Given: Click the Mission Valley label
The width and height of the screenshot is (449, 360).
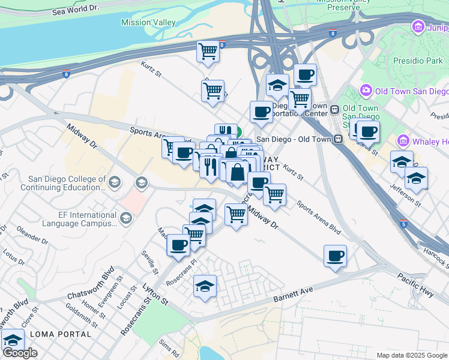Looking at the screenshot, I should click(x=148, y=23).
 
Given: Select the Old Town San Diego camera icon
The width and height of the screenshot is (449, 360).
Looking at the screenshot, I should click(x=365, y=91).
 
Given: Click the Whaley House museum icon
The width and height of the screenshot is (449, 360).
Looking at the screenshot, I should click(x=403, y=142).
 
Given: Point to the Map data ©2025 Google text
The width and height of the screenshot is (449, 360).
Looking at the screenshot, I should click(x=411, y=355).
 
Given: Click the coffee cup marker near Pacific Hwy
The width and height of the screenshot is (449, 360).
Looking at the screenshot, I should click(x=335, y=256).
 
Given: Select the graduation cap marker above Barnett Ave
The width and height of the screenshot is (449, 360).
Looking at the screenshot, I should click(x=205, y=286).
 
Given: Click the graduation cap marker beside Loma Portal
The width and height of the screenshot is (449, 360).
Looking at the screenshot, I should click(x=13, y=340).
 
